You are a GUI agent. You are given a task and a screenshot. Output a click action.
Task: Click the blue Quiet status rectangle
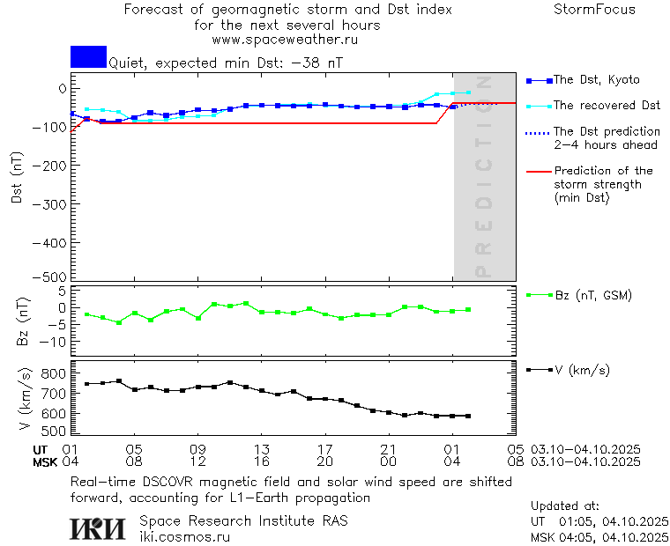click(88, 56)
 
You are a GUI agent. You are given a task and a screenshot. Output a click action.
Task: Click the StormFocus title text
click(594, 10)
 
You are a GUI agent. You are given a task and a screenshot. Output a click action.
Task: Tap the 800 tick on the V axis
click(54, 373)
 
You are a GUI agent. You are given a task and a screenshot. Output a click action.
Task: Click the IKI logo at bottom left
click(99, 528)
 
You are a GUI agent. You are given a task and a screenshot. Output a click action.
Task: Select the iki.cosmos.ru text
click(184, 536)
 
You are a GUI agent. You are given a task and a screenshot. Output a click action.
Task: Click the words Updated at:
click(564, 506)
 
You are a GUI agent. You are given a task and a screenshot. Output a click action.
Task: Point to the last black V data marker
click(468, 416)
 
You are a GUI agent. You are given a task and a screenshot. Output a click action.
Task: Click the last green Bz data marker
click(468, 309)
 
